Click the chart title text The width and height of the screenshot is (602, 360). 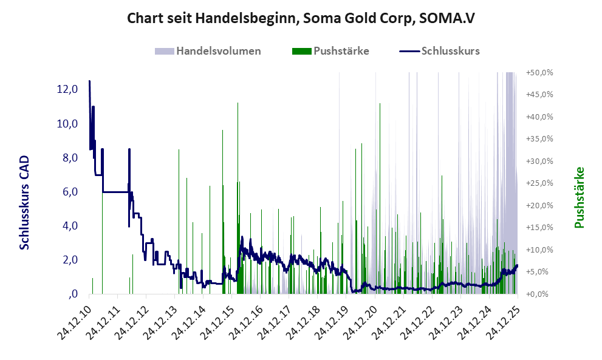(x=301, y=18)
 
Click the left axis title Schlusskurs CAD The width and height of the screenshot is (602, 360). (x=24, y=202)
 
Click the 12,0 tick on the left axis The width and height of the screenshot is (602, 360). (x=67, y=89)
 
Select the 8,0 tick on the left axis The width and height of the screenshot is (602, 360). (x=67, y=158)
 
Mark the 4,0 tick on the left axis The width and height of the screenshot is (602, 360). (x=67, y=226)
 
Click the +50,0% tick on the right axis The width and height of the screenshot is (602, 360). (x=539, y=72)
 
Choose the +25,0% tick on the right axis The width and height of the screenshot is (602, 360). (x=539, y=183)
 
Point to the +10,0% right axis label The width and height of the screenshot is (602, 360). (x=539, y=250)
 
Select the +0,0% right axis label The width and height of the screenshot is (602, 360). (x=539, y=294)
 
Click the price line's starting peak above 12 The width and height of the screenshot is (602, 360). (x=89, y=81)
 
